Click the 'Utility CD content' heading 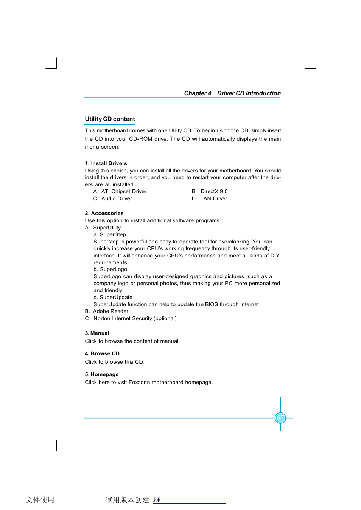[110, 119]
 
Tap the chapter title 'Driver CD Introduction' [249, 93]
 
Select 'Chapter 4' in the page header [198, 93]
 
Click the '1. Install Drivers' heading [106, 163]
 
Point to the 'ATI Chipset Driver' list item [124, 192]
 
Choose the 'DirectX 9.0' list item [214, 192]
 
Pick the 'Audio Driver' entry [117, 199]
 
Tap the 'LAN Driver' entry [213, 199]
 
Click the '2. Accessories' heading [104, 214]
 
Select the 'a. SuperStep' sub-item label [110, 235]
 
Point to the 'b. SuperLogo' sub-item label [110, 270]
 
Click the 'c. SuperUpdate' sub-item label [113, 298]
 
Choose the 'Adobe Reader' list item [110, 312]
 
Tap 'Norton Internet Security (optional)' [135, 319]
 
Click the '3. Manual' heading [97, 333]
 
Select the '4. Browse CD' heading [102, 354]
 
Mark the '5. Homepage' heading [102, 375]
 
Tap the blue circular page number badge [280, 418]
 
